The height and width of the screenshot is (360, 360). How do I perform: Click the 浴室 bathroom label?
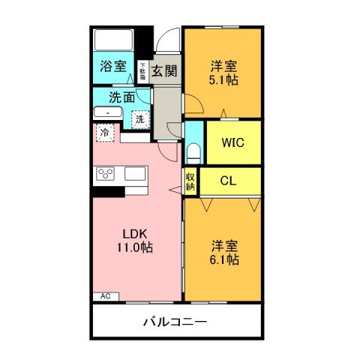click(114, 66)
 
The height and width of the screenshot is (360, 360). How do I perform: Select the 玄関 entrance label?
click(164, 71)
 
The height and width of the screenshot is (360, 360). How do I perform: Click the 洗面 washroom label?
click(122, 97)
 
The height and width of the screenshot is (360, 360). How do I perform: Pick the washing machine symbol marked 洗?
click(139, 118)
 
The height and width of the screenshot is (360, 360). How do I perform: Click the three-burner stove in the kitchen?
click(106, 175)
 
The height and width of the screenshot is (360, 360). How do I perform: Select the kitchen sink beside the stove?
click(136, 173)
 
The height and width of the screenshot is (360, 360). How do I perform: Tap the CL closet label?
click(230, 180)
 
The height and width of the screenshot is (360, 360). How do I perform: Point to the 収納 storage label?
click(191, 181)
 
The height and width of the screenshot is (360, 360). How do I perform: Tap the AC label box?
click(105, 296)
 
